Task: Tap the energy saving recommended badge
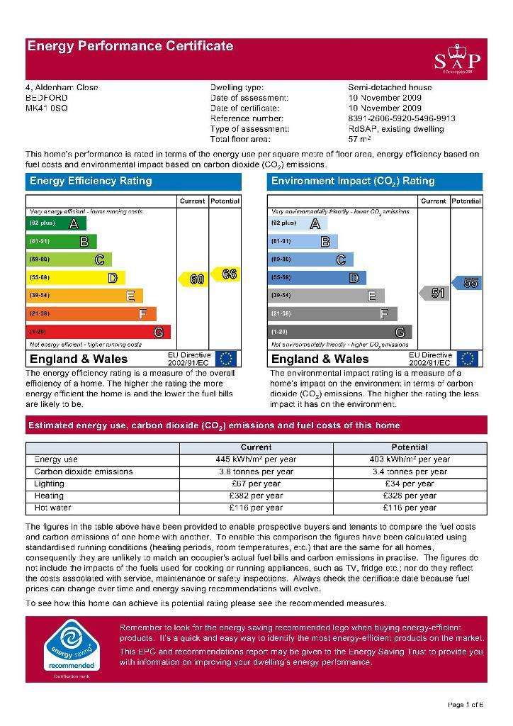coord(69,648)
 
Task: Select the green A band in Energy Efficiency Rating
coord(56,223)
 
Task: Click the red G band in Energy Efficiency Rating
coord(98,332)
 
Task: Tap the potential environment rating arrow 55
coord(468,283)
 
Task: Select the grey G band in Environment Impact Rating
coord(340,332)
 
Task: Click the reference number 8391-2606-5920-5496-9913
coord(402,118)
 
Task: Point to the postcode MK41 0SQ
coord(47,108)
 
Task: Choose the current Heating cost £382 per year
coord(256,496)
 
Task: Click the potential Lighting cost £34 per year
coord(409,484)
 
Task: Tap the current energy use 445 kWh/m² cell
coord(256,459)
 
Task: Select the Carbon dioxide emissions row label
coord(84,471)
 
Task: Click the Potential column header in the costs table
coord(409,447)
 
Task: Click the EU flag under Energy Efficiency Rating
coord(227,359)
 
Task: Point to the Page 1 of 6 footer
coord(466,704)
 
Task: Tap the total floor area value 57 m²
coord(361,139)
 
